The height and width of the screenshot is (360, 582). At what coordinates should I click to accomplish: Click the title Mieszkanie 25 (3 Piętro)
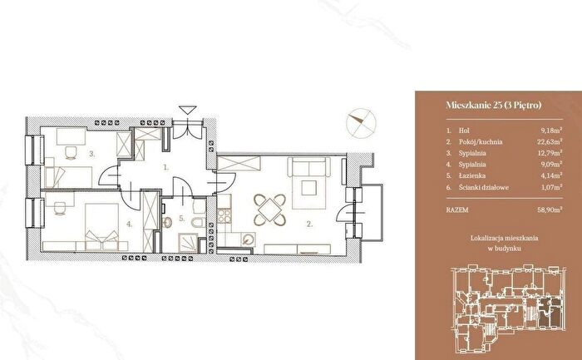pos(494,105)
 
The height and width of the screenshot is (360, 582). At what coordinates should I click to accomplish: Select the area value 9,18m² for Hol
pos(551,131)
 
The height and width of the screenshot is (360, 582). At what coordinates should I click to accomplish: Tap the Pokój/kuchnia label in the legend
pos(481,142)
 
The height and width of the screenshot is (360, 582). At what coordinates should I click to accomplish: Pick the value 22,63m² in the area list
pos(550,142)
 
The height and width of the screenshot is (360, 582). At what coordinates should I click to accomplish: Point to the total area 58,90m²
pos(550,210)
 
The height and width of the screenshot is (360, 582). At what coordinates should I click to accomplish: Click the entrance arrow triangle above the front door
pos(187,110)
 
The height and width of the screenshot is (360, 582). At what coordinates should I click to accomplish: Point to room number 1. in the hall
pos(166,167)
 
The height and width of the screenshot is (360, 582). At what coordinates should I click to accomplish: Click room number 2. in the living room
pos(309,224)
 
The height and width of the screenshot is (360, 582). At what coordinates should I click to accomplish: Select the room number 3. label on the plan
pos(92,154)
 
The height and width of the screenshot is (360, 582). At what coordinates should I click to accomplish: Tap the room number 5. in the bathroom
pos(181,218)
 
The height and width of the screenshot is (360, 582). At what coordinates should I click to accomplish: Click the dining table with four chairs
pos(270,210)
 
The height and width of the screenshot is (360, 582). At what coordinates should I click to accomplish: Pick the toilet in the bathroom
pos(198,222)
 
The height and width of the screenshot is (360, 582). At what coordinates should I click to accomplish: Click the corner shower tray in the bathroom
pos(188,243)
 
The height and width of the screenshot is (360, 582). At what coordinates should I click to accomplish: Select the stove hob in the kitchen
pos(224,215)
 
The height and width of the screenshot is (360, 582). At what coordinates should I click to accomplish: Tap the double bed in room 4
pos(101,226)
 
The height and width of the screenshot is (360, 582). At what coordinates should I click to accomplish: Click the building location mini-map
pos(509,308)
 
